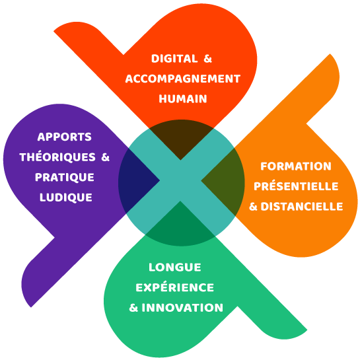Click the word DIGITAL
(174, 59)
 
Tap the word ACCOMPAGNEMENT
(183, 79)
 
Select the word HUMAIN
(183, 98)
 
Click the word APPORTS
(64, 137)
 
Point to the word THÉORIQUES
(57, 157)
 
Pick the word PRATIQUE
(65, 177)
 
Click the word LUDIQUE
(66, 198)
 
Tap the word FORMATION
(296, 166)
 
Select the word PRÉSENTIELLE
(296, 186)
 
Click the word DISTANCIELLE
(302, 206)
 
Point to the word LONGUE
(175, 268)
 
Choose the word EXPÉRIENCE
(175, 287)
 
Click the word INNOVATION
(182, 308)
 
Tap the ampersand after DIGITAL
(207, 59)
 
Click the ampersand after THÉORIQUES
(106, 157)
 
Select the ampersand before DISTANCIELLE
(253, 207)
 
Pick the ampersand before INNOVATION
(133, 308)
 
